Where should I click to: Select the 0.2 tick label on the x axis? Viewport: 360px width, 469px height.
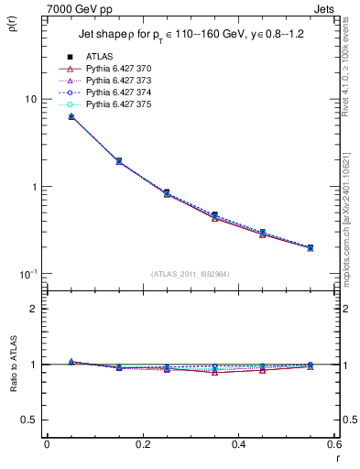click(142, 444)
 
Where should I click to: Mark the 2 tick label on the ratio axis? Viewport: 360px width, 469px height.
click(33, 309)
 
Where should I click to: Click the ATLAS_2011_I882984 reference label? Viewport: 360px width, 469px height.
click(191, 274)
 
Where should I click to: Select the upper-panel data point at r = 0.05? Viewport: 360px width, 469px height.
click(71, 116)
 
